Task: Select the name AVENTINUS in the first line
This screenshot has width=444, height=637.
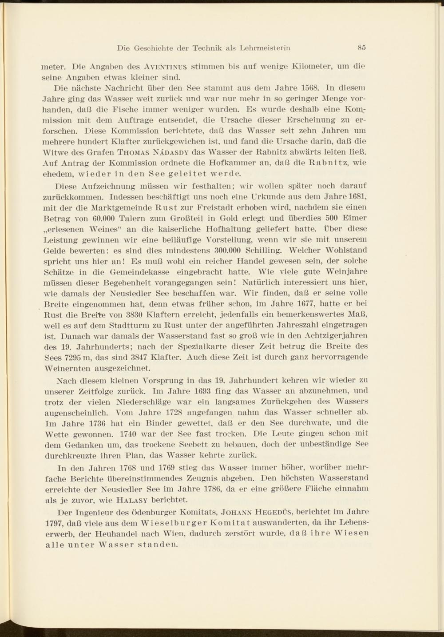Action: tap(165, 68)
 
